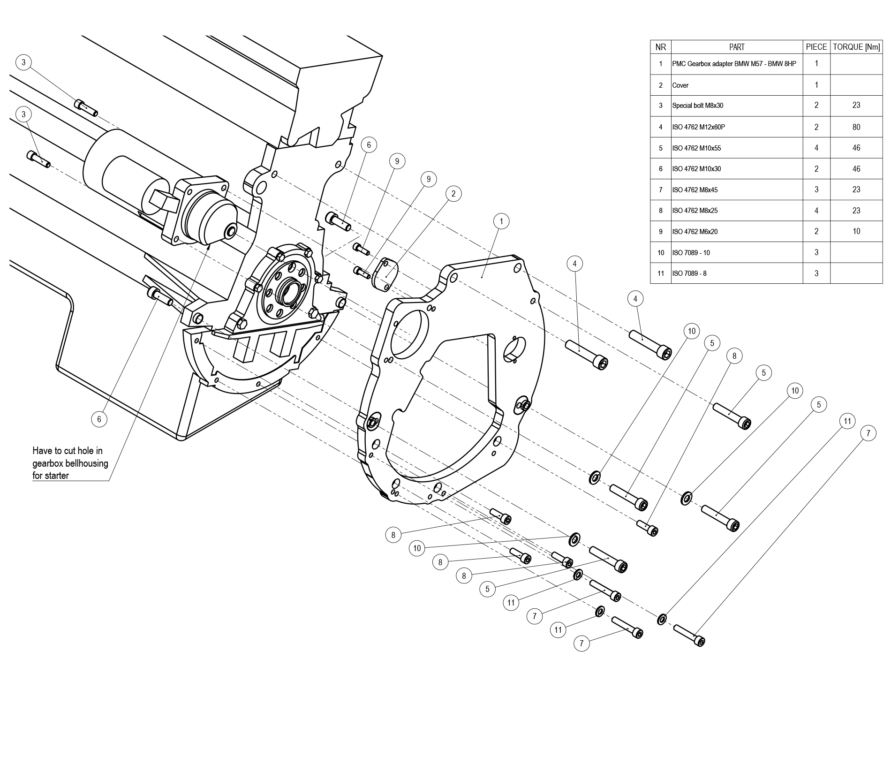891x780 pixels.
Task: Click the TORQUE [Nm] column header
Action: (x=856, y=47)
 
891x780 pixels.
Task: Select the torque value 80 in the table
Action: (x=856, y=127)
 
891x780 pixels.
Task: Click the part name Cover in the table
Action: (x=680, y=85)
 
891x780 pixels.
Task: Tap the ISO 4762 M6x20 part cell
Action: (x=695, y=232)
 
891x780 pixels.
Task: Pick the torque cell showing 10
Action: (x=856, y=231)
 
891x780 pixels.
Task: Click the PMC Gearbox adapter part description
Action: (x=733, y=64)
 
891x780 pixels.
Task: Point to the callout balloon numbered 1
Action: (x=501, y=221)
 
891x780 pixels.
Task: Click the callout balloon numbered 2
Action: (x=453, y=193)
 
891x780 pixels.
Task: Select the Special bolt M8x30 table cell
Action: (x=697, y=106)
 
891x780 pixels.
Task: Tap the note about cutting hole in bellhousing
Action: (x=70, y=463)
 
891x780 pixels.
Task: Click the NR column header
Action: (x=660, y=47)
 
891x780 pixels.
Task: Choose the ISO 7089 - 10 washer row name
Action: (x=691, y=253)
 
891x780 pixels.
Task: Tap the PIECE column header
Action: (x=816, y=47)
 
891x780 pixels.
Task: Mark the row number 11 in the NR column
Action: (x=660, y=273)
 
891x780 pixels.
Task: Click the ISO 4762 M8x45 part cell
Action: (x=695, y=190)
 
